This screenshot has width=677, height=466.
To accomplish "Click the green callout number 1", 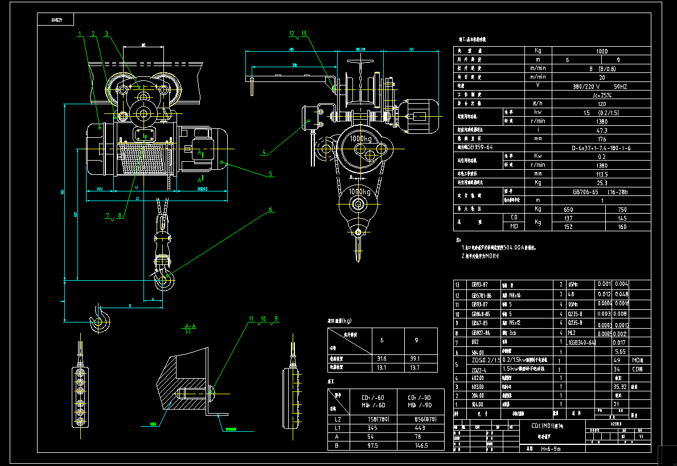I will pos(81,34).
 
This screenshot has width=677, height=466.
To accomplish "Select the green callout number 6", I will pos(271,210).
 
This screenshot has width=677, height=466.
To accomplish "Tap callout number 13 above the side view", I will pos(304,34).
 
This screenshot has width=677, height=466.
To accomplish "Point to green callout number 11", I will pos(251,318).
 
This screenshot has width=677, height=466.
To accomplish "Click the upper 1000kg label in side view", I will pos(361,138).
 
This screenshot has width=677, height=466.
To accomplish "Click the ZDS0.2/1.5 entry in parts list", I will pos(486,360).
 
